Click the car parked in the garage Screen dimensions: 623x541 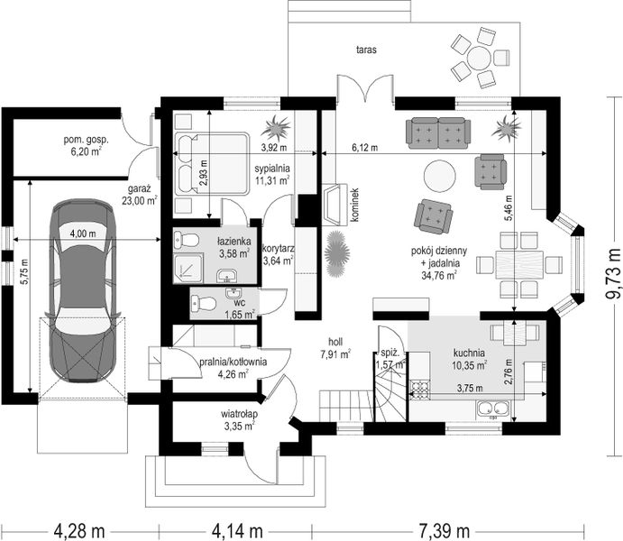click(x=83, y=290)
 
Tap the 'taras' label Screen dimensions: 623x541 click(x=366, y=50)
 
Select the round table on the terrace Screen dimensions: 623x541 click(x=480, y=59)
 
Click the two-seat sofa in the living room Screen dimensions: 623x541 click(x=438, y=133)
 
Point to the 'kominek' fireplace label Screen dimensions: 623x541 click(x=355, y=205)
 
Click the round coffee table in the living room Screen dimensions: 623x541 click(x=440, y=176)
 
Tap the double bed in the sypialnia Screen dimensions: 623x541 click(x=212, y=163)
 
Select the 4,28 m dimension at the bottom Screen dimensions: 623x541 click(x=79, y=531)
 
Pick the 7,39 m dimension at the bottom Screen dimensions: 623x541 click(x=444, y=531)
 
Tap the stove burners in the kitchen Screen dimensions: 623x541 click(x=419, y=390)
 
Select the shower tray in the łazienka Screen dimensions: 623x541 click(x=188, y=268)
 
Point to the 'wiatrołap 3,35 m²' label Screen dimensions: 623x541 click(x=239, y=420)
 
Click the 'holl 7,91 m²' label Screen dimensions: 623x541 click(x=335, y=348)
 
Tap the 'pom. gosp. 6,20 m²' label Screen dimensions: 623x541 click(x=87, y=146)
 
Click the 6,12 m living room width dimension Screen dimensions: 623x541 click(x=364, y=148)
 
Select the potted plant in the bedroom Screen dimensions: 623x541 click(x=275, y=127)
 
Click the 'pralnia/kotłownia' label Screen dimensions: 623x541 click(x=233, y=362)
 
